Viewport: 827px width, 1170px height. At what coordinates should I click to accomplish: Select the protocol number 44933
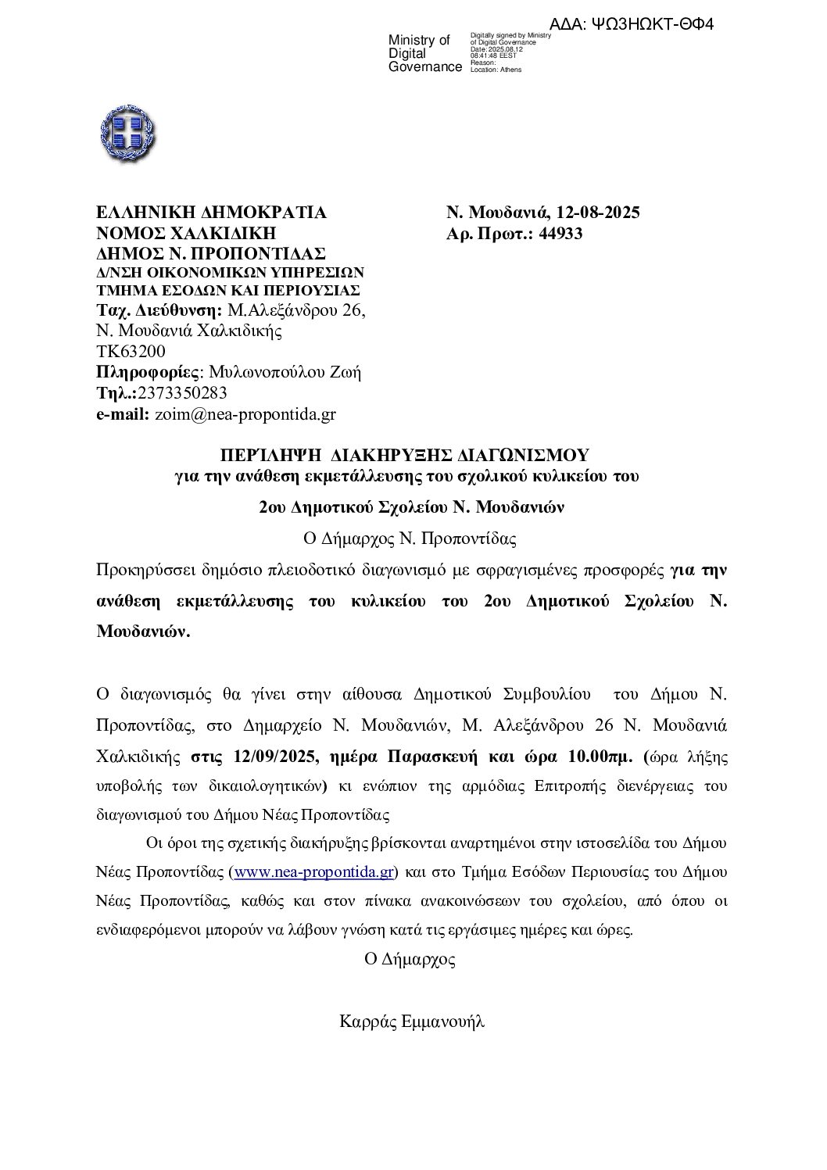tap(556, 233)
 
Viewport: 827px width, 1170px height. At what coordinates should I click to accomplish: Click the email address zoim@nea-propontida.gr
tap(245, 415)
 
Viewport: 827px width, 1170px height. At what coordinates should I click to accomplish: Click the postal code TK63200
tap(130, 352)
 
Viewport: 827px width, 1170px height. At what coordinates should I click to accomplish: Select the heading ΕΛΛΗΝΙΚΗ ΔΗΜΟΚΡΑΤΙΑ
tap(211, 213)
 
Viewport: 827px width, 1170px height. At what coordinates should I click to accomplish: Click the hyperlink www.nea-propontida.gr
tap(314, 871)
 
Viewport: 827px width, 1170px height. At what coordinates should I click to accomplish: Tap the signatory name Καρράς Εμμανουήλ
tap(412, 1021)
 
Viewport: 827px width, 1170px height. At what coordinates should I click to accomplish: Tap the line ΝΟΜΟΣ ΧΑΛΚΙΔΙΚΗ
tap(187, 233)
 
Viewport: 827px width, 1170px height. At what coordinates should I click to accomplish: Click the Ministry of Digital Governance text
tap(424, 54)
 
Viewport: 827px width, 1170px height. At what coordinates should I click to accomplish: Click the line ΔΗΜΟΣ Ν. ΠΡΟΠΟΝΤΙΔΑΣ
tap(210, 253)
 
